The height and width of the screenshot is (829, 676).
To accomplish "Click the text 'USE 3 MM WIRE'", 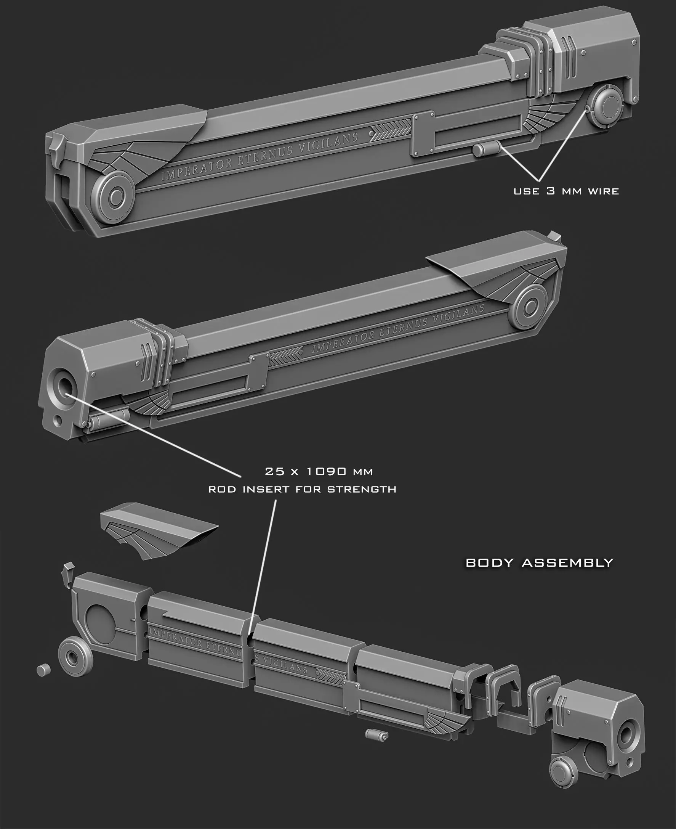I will [566, 191].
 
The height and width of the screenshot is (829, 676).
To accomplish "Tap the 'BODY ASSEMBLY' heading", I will [539, 562].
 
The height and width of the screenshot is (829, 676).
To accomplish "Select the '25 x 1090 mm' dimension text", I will [319, 471].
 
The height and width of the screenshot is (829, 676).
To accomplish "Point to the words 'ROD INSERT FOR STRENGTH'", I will [302, 489].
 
